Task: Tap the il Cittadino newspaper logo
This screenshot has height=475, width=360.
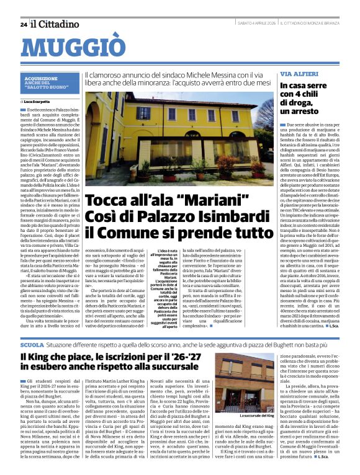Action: click(55, 24)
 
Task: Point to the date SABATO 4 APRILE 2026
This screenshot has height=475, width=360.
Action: click(256, 24)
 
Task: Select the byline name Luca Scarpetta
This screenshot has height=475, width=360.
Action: click(40, 100)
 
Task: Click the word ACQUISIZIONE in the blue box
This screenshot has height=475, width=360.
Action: click(41, 79)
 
